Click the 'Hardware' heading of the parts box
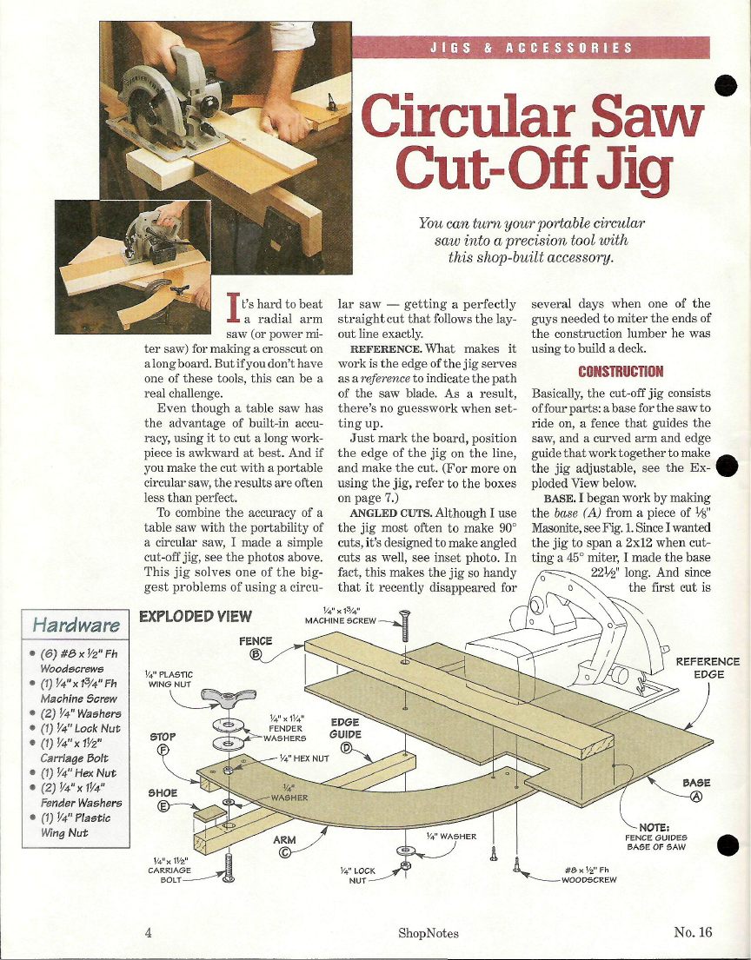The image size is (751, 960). (x=76, y=626)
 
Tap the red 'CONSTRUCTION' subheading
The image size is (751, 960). (x=621, y=372)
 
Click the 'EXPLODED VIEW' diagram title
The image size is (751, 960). (x=196, y=617)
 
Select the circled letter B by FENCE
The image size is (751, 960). (x=256, y=655)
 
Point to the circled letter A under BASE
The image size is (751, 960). (x=696, y=797)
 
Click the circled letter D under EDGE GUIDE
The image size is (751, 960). (x=345, y=747)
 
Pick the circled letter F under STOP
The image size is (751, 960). (x=163, y=751)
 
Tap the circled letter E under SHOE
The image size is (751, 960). (x=163, y=806)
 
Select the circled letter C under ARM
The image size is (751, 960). (x=284, y=853)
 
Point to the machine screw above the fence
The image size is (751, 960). (x=404, y=626)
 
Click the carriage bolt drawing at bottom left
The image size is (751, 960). (x=229, y=868)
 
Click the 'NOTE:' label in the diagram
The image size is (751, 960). (x=655, y=827)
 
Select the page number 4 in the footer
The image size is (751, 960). (x=149, y=932)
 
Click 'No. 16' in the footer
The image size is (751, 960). (x=693, y=932)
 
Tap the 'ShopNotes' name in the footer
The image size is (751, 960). (x=429, y=933)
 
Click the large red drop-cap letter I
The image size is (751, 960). (x=233, y=308)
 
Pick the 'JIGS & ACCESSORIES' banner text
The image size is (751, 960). (x=530, y=48)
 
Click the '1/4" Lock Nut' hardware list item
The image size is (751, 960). (x=80, y=729)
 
